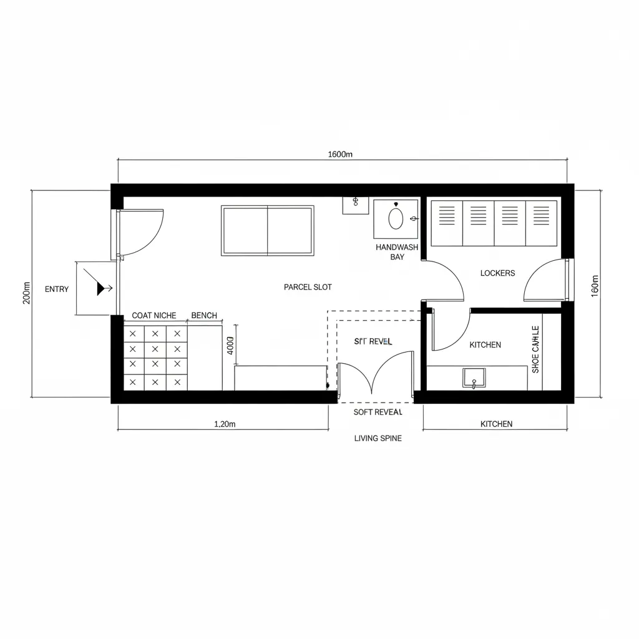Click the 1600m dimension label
340,155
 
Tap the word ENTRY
57,289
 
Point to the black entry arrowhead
100,288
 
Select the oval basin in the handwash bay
396,218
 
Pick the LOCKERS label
497,273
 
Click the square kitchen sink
474,378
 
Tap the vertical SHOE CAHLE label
535,349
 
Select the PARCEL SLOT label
308,287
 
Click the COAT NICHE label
154,316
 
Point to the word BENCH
204,316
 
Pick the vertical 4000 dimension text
230,346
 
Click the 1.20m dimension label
225,424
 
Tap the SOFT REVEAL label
378,412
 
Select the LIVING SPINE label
378,438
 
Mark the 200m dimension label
26,293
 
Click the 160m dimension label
594,286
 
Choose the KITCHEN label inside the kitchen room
485,344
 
